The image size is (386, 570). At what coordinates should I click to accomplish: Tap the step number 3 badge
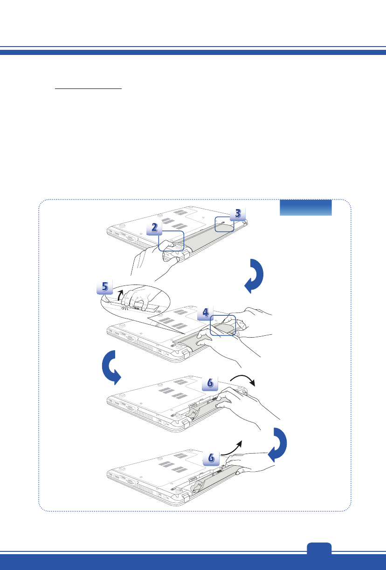237,214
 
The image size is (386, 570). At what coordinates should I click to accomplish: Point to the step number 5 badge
104,287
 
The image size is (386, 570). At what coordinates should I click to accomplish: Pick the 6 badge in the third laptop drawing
210,383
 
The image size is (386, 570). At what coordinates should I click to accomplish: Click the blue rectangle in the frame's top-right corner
305,208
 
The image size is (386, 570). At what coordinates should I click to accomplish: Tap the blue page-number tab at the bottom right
319,549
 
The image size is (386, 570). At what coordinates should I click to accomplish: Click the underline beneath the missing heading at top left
88,88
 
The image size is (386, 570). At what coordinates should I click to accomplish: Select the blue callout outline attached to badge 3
223,224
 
